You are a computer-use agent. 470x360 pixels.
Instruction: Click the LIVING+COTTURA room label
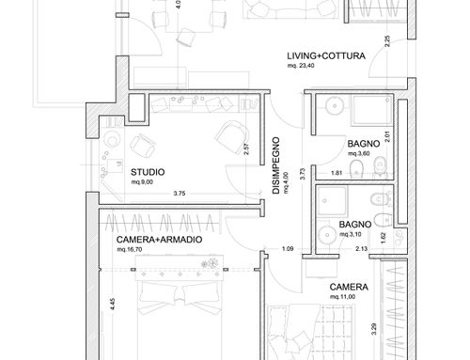(x=326, y=56)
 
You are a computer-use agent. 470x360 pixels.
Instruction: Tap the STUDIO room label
(x=148, y=172)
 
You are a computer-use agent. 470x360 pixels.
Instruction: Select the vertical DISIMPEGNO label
(x=275, y=165)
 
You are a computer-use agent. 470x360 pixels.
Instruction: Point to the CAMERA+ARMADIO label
(x=159, y=240)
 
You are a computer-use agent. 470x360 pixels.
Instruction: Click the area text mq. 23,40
(x=301, y=66)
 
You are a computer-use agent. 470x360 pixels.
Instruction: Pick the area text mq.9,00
(x=142, y=182)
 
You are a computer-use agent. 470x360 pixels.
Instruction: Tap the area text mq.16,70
(x=130, y=250)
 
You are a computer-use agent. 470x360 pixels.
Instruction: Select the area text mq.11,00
(x=342, y=297)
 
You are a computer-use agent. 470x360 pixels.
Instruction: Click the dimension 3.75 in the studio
(x=180, y=194)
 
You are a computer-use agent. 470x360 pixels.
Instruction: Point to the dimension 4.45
(x=113, y=305)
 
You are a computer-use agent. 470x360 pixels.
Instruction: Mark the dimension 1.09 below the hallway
(x=288, y=249)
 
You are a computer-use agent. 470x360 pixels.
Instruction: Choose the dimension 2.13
(x=361, y=249)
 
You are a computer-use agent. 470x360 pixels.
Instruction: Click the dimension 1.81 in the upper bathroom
(x=337, y=173)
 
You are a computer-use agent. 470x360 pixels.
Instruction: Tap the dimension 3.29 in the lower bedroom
(x=374, y=329)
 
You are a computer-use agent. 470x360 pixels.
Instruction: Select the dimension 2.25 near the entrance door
(x=387, y=41)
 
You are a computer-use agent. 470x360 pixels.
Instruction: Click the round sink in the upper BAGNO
(x=335, y=106)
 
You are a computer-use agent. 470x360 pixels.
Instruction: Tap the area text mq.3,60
(x=359, y=153)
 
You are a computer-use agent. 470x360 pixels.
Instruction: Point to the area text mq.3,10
(x=351, y=234)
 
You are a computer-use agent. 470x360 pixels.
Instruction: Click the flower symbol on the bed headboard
(x=210, y=264)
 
